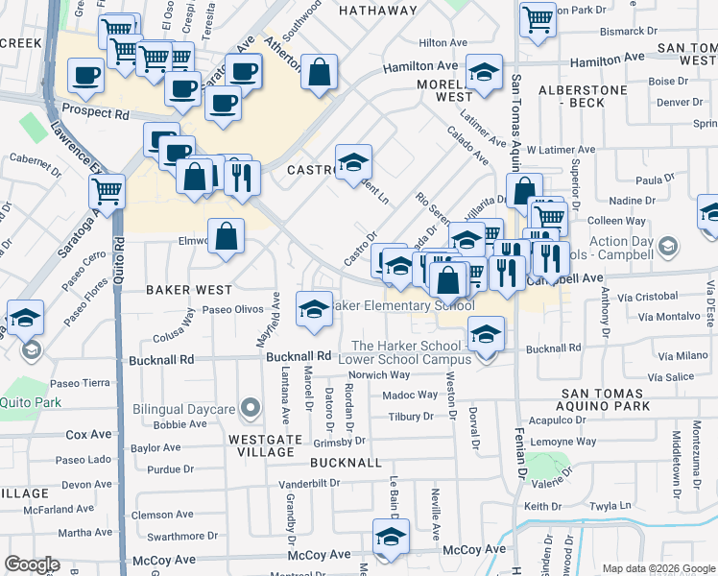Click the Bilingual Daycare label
(184, 410)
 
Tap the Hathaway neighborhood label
(377, 11)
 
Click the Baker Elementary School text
(402, 305)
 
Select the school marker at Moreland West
(484, 72)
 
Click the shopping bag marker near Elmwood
(226, 236)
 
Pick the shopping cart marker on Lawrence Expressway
(107, 190)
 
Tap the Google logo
(32, 564)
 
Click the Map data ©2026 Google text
(658, 568)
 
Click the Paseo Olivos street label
(233, 310)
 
